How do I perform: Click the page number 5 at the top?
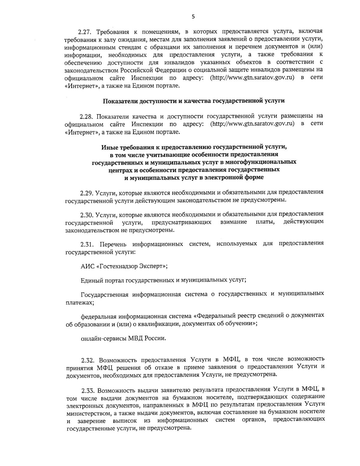(193, 17)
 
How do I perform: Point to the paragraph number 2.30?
(87, 214)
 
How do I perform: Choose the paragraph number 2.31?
(87, 244)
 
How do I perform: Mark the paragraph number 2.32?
(88, 359)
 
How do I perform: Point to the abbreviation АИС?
(86, 266)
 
